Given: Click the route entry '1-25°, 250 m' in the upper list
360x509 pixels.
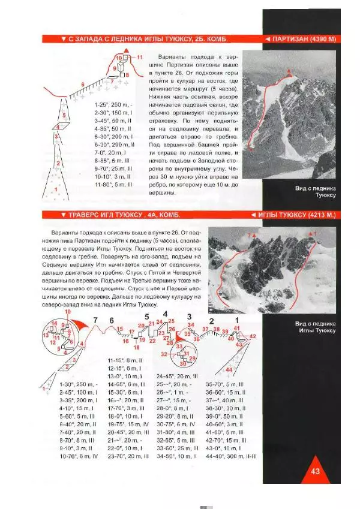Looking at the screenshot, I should (x=113, y=104).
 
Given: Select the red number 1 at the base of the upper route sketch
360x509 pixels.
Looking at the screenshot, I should (x=56, y=189).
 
